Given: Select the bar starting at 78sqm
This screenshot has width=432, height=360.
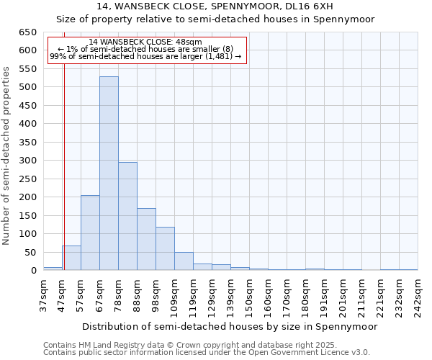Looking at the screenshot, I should pos(127,216).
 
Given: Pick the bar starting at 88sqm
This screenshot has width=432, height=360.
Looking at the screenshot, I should pos(146,239).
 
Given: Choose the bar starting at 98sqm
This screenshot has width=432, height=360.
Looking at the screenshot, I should pos(165,248).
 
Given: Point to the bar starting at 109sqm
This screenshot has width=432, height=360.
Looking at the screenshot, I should pos(184,261).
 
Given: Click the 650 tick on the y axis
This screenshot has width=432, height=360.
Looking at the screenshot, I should pos(27,32).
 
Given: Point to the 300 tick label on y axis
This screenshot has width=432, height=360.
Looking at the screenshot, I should pos(27,161).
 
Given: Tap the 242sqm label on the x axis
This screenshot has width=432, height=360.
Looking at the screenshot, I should pos(418,295).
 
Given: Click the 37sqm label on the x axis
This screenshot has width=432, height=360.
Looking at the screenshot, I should pos(44,295).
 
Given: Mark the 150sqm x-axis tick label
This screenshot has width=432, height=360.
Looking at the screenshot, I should pos(250,295).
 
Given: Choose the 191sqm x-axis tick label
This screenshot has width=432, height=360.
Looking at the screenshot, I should pos(325,295).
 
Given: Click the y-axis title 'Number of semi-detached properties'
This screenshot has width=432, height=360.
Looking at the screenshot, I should pos(7,155).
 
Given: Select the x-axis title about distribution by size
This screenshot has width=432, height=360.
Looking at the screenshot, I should pos(230,326).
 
